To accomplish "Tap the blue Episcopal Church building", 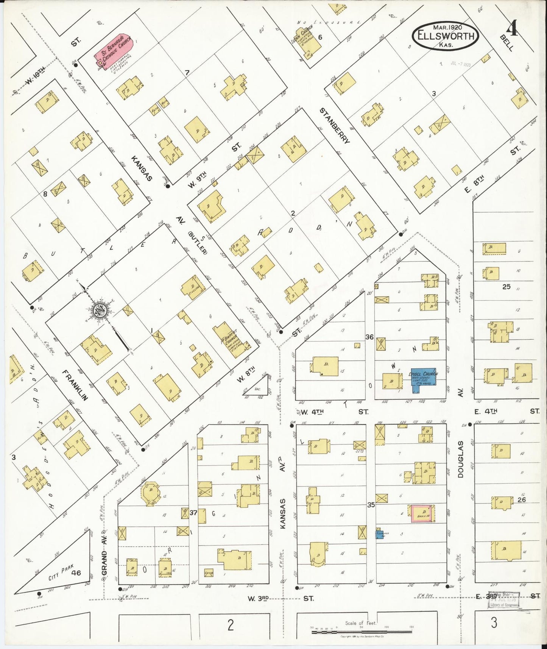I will [423, 378].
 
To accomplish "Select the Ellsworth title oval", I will [446, 36].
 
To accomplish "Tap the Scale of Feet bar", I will [362, 631].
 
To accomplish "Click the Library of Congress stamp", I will [503, 600].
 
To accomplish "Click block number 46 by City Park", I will [76, 573].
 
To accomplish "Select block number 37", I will [193, 513].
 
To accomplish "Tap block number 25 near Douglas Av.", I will [506, 287].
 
